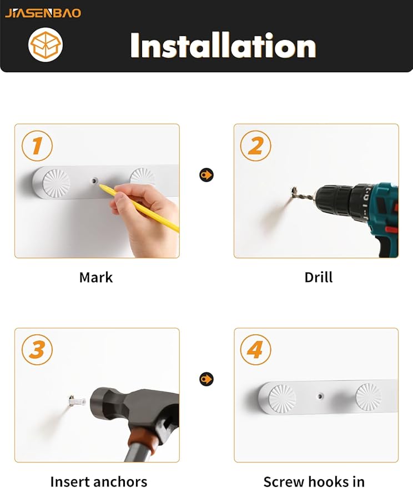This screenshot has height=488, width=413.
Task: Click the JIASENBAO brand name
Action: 43,13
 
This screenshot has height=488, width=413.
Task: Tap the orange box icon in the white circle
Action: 46,45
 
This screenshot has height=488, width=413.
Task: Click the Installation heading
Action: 223,46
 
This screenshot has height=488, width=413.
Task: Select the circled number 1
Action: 37,145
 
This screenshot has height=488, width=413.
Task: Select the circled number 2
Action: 255,145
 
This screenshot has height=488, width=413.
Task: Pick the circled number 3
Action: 37,350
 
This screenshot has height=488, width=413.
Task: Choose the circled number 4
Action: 255,350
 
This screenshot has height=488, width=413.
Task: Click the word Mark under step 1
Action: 96,277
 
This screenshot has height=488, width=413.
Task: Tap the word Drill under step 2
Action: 319,277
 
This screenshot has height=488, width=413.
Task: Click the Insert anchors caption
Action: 98,481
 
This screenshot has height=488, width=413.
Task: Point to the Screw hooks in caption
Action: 314,481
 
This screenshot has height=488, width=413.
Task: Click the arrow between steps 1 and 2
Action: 206,175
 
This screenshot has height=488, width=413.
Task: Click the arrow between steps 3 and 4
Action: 206,379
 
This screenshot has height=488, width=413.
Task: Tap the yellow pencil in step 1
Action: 139,207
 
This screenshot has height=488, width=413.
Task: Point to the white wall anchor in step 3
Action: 77,401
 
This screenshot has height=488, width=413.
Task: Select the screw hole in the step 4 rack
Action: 320,396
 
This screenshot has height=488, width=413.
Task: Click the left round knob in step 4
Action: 282,399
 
